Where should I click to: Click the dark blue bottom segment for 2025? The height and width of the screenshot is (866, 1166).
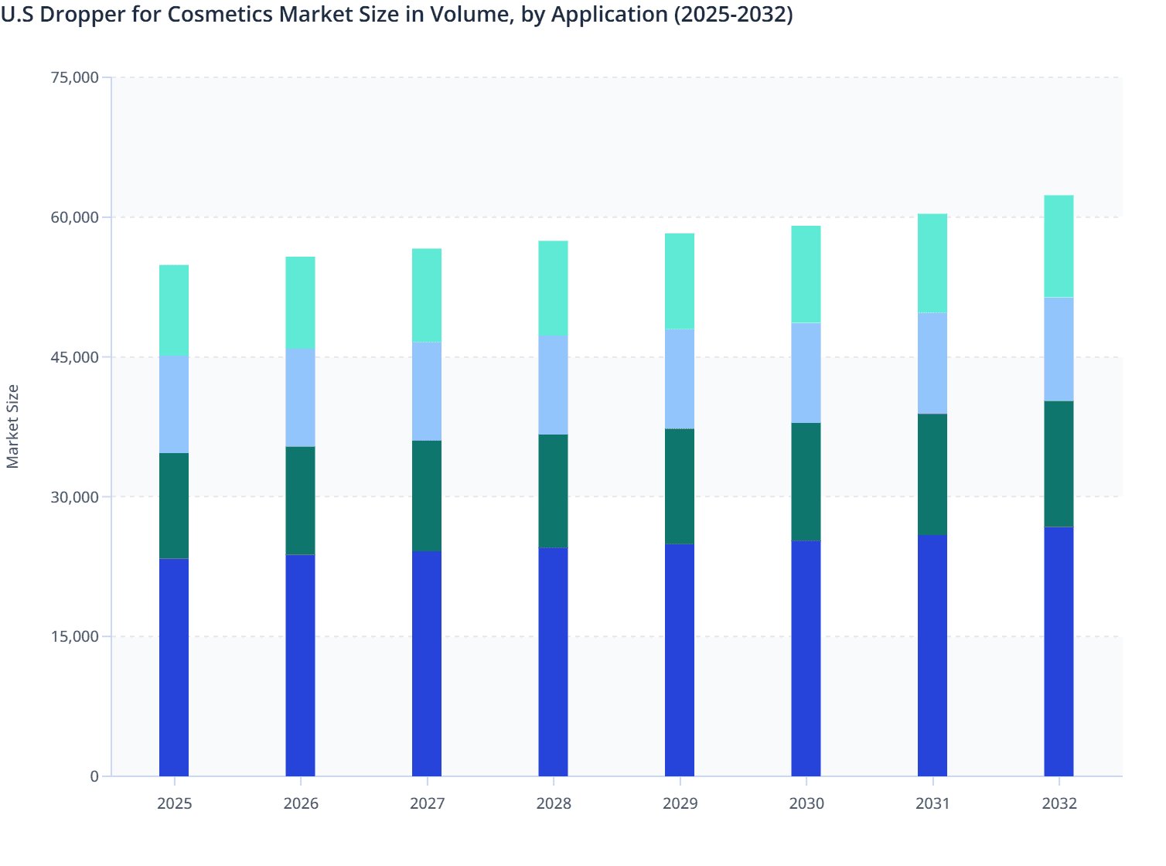click(174, 667)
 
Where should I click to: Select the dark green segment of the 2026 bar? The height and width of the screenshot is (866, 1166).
click(300, 500)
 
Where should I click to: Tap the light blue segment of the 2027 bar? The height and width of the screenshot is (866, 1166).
click(427, 390)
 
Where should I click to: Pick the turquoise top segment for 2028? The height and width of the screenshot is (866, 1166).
click(553, 288)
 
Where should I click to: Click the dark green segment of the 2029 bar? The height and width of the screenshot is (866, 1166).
click(680, 486)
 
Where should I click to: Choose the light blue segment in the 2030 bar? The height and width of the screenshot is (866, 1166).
click(806, 373)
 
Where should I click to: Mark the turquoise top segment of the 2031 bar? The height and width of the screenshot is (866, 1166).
click(932, 263)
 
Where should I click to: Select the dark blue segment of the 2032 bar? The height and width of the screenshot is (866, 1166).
click(1059, 651)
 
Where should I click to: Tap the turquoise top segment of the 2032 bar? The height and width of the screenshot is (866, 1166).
click(1059, 246)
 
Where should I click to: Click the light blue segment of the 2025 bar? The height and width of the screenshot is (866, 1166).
click(174, 404)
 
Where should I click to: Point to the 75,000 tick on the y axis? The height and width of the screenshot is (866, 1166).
click(74, 77)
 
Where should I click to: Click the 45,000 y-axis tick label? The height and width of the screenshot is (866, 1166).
click(74, 357)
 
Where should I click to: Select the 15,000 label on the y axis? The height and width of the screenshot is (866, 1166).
click(74, 636)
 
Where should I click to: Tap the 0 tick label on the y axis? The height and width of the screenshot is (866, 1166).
click(94, 776)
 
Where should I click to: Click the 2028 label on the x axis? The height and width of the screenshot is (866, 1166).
click(553, 803)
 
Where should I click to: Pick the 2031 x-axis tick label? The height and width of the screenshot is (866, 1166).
click(932, 803)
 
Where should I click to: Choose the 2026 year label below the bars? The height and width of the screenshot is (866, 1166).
click(300, 803)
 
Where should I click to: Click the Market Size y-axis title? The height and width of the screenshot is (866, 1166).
click(12, 426)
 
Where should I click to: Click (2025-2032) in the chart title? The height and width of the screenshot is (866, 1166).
click(733, 15)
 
